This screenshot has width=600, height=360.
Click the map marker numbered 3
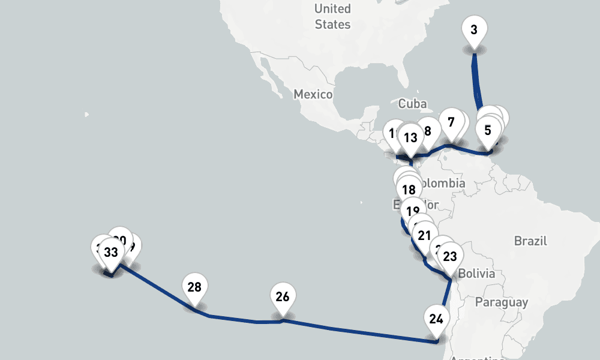click(x=474, y=29)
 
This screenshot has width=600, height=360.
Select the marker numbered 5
click(x=487, y=130)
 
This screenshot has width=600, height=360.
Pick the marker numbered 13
click(x=410, y=137)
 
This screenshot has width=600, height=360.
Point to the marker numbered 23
click(x=449, y=257)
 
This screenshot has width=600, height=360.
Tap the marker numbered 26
click(x=283, y=296)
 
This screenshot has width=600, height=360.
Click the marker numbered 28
click(x=194, y=287)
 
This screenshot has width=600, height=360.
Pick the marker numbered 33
click(x=111, y=252)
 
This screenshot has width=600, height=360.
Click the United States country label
click(x=332, y=17)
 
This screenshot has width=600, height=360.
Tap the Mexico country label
click(x=313, y=94)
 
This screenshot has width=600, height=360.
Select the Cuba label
click(x=412, y=104)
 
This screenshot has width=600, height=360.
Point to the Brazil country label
click(x=530, y=241)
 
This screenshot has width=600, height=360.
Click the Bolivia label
click(x=476, y=274)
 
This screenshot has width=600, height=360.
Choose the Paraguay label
click(x=502, y=302)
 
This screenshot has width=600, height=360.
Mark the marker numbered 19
click(x=412, y=211)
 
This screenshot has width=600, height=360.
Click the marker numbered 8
click(x=428, y=131)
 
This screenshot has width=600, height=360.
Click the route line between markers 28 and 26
click(x=240, y=320)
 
